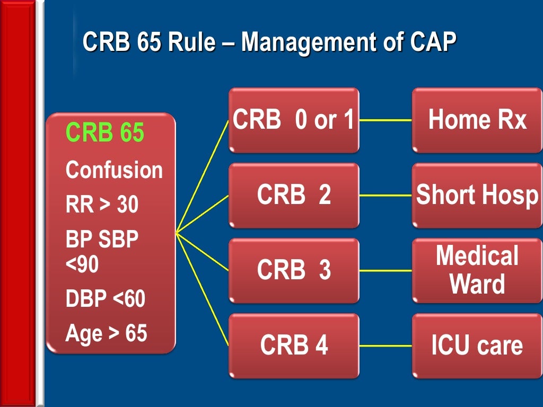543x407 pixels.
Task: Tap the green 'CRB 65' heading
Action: pos(104,133)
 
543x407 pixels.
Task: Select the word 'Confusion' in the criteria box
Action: pos(114,171)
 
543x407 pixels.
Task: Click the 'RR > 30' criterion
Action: pos(102,205)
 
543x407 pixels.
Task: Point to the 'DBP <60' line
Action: pos(105,299)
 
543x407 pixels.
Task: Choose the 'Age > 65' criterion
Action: pos(106,333)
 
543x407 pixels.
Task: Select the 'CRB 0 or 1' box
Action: pos(294,120)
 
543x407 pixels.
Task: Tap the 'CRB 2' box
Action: pos(294,195)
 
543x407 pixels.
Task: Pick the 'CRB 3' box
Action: pos(294,270)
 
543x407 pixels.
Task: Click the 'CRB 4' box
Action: pos(294,346)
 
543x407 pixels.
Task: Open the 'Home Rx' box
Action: pos(477,120)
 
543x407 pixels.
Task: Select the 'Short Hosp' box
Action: pos(477,195)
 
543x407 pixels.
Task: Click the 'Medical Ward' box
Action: pos(477,270)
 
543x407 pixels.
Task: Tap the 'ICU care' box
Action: pos(477,346)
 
